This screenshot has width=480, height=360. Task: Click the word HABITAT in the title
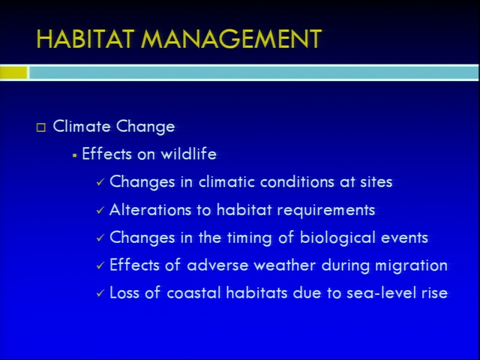[85, 39]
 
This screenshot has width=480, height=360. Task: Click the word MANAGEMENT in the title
[232, 39]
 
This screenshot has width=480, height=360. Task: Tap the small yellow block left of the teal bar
[13, 73]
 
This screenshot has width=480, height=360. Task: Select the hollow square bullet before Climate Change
[41, 127]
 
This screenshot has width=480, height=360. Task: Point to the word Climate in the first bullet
[82, 126]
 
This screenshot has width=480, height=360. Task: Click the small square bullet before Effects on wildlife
[75, 155]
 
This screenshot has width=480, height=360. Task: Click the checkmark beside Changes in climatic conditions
[100, 182]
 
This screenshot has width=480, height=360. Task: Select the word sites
[376, 181]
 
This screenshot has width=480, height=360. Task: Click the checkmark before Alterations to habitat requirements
[100, 210]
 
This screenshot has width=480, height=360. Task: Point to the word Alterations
[150, 210]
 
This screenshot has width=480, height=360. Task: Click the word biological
[337, 238]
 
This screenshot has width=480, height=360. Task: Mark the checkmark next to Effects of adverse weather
[100, 265]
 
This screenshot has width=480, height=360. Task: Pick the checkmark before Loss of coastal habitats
[100, 293]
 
